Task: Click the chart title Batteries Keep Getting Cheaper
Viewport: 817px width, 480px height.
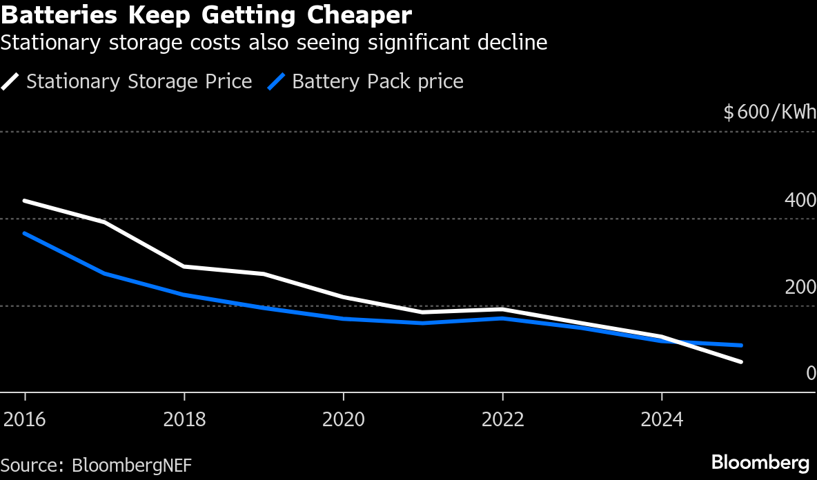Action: point(206,14)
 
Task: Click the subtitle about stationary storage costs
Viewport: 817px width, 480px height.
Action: point(274,43)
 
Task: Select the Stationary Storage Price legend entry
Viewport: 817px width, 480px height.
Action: point(139,81)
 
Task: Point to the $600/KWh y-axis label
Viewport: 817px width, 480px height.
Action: point(769,112)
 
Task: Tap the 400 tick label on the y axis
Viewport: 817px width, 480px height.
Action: point(800,201)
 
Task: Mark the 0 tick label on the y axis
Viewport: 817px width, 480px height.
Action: point(811,373)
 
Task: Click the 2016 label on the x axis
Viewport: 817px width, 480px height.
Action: point(26,419)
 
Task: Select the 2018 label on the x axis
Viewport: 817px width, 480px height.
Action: point(184,419)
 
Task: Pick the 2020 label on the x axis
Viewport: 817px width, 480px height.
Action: point(344,419)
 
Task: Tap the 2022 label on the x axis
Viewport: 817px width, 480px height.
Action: point(502,419)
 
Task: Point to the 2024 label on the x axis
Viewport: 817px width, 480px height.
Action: point(662,419)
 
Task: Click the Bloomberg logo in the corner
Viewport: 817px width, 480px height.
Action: point(760,462)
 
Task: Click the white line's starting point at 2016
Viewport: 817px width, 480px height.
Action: point(26,201)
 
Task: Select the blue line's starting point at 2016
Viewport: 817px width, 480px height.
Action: point(26,234)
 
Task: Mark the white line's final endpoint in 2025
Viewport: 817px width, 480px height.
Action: point(741,361)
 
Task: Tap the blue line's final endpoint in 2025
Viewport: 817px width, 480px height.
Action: point(741,345)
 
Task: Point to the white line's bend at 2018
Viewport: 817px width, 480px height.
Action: point(184,266)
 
